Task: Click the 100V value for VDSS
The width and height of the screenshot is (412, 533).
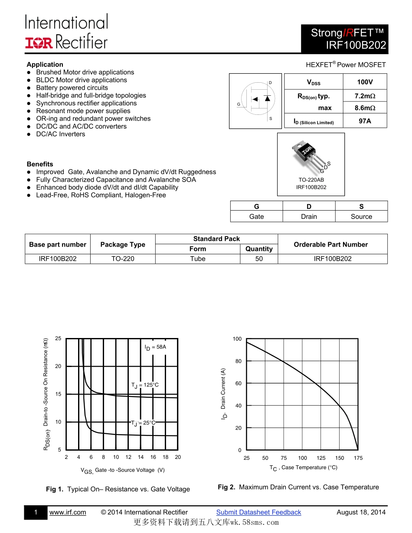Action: click(365, 82)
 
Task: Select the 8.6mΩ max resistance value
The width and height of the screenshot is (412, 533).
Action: click(365, 108)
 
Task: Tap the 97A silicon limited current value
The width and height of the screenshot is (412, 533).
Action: click(365, 121)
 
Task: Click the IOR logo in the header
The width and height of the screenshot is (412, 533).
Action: click(39, 42)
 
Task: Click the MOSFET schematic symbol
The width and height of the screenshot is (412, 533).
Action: click(258, 101)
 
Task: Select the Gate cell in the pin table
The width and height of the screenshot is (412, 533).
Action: click(256, 217)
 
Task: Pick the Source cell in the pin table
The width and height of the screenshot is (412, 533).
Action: click(361, 217)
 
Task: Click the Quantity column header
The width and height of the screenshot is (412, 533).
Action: click(259, 249)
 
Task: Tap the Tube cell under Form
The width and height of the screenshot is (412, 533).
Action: click(198, 259)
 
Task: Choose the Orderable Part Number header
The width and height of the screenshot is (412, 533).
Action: click(330, 244)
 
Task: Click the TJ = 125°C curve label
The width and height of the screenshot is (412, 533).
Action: click(145, 385)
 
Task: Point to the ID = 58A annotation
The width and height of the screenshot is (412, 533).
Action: click(155, 347)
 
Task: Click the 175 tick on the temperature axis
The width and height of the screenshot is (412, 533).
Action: click(358, 458)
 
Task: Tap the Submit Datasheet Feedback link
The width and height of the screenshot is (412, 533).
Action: click(258, 512)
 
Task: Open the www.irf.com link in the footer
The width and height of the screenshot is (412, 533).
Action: click(68, 512)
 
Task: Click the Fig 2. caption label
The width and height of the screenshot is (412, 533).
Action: click(226, 487)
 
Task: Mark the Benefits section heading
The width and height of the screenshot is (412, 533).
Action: click(40, 164)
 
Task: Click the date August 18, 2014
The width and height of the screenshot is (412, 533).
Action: click(361, 512)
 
